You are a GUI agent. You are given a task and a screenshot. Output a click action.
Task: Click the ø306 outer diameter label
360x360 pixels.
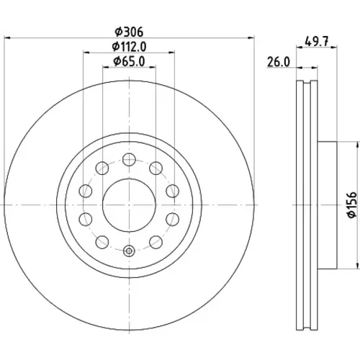(x=129, y=32)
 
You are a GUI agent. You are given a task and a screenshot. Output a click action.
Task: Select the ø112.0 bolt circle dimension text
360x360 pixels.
(x=129, y=47)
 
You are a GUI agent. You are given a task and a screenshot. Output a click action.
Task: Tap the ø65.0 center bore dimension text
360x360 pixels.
(x=129, y=61)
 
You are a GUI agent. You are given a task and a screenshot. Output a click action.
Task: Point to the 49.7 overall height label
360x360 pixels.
(x=316, y=42)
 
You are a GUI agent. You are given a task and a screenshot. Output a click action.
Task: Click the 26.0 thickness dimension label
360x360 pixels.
(x=279, y=62)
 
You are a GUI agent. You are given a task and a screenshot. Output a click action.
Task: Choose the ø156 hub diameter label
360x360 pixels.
(x=352, y=204)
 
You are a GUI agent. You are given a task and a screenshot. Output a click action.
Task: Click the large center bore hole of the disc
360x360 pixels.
(x=129, y=204)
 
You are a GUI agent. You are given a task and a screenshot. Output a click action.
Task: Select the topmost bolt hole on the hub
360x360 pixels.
(x=129, y=159)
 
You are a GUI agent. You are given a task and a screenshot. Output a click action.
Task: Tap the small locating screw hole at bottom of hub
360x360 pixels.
(x=129, y=251)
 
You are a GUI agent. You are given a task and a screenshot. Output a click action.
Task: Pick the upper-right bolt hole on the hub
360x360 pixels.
(x=156, y=168)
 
